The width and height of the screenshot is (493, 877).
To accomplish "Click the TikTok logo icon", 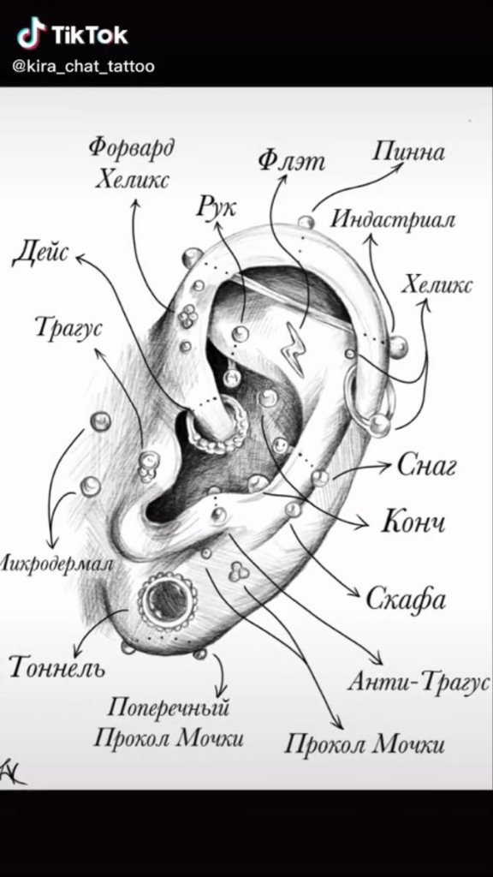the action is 31,33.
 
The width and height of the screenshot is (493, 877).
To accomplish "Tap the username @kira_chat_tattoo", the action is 83,67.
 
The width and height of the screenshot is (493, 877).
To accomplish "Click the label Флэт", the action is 291,161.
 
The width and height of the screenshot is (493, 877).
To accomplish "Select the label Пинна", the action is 408,152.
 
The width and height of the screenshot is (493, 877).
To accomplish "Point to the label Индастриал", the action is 393,219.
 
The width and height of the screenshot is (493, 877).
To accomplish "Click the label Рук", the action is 216,207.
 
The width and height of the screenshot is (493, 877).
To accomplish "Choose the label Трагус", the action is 68,328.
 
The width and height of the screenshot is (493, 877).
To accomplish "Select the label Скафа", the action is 406,600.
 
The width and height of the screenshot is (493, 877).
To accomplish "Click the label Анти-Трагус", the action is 419,682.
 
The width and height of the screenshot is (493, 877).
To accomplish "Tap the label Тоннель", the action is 57,666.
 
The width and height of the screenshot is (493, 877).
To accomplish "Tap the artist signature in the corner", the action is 11,773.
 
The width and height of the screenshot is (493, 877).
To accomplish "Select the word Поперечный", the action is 168,708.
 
